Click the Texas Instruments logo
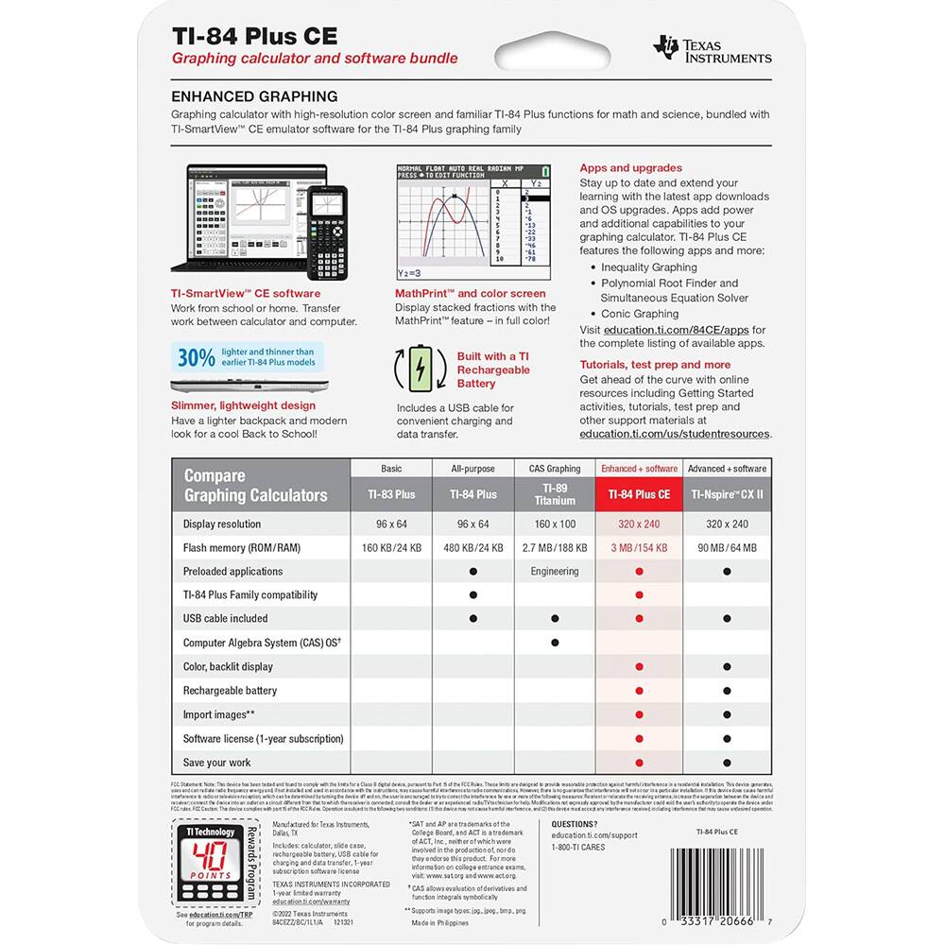click(x=713, y=48)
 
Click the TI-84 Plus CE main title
click(x=254, y=36)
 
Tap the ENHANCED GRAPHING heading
click(x=254, y=96)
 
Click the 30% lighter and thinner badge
click(x=248, y=356)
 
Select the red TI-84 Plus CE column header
click(x=639, y=493)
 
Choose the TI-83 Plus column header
click(x=391, y=493)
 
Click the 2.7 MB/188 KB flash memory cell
click(x=555, y=547)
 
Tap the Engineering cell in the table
click(x=555, y=571)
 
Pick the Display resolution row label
click(x=222, y=524)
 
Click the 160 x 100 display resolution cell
click(x=555, y=524)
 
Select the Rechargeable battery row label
click(x=230, y=690)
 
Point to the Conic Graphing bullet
click(x=640, y=314)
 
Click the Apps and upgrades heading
click(x=630, y=168)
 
